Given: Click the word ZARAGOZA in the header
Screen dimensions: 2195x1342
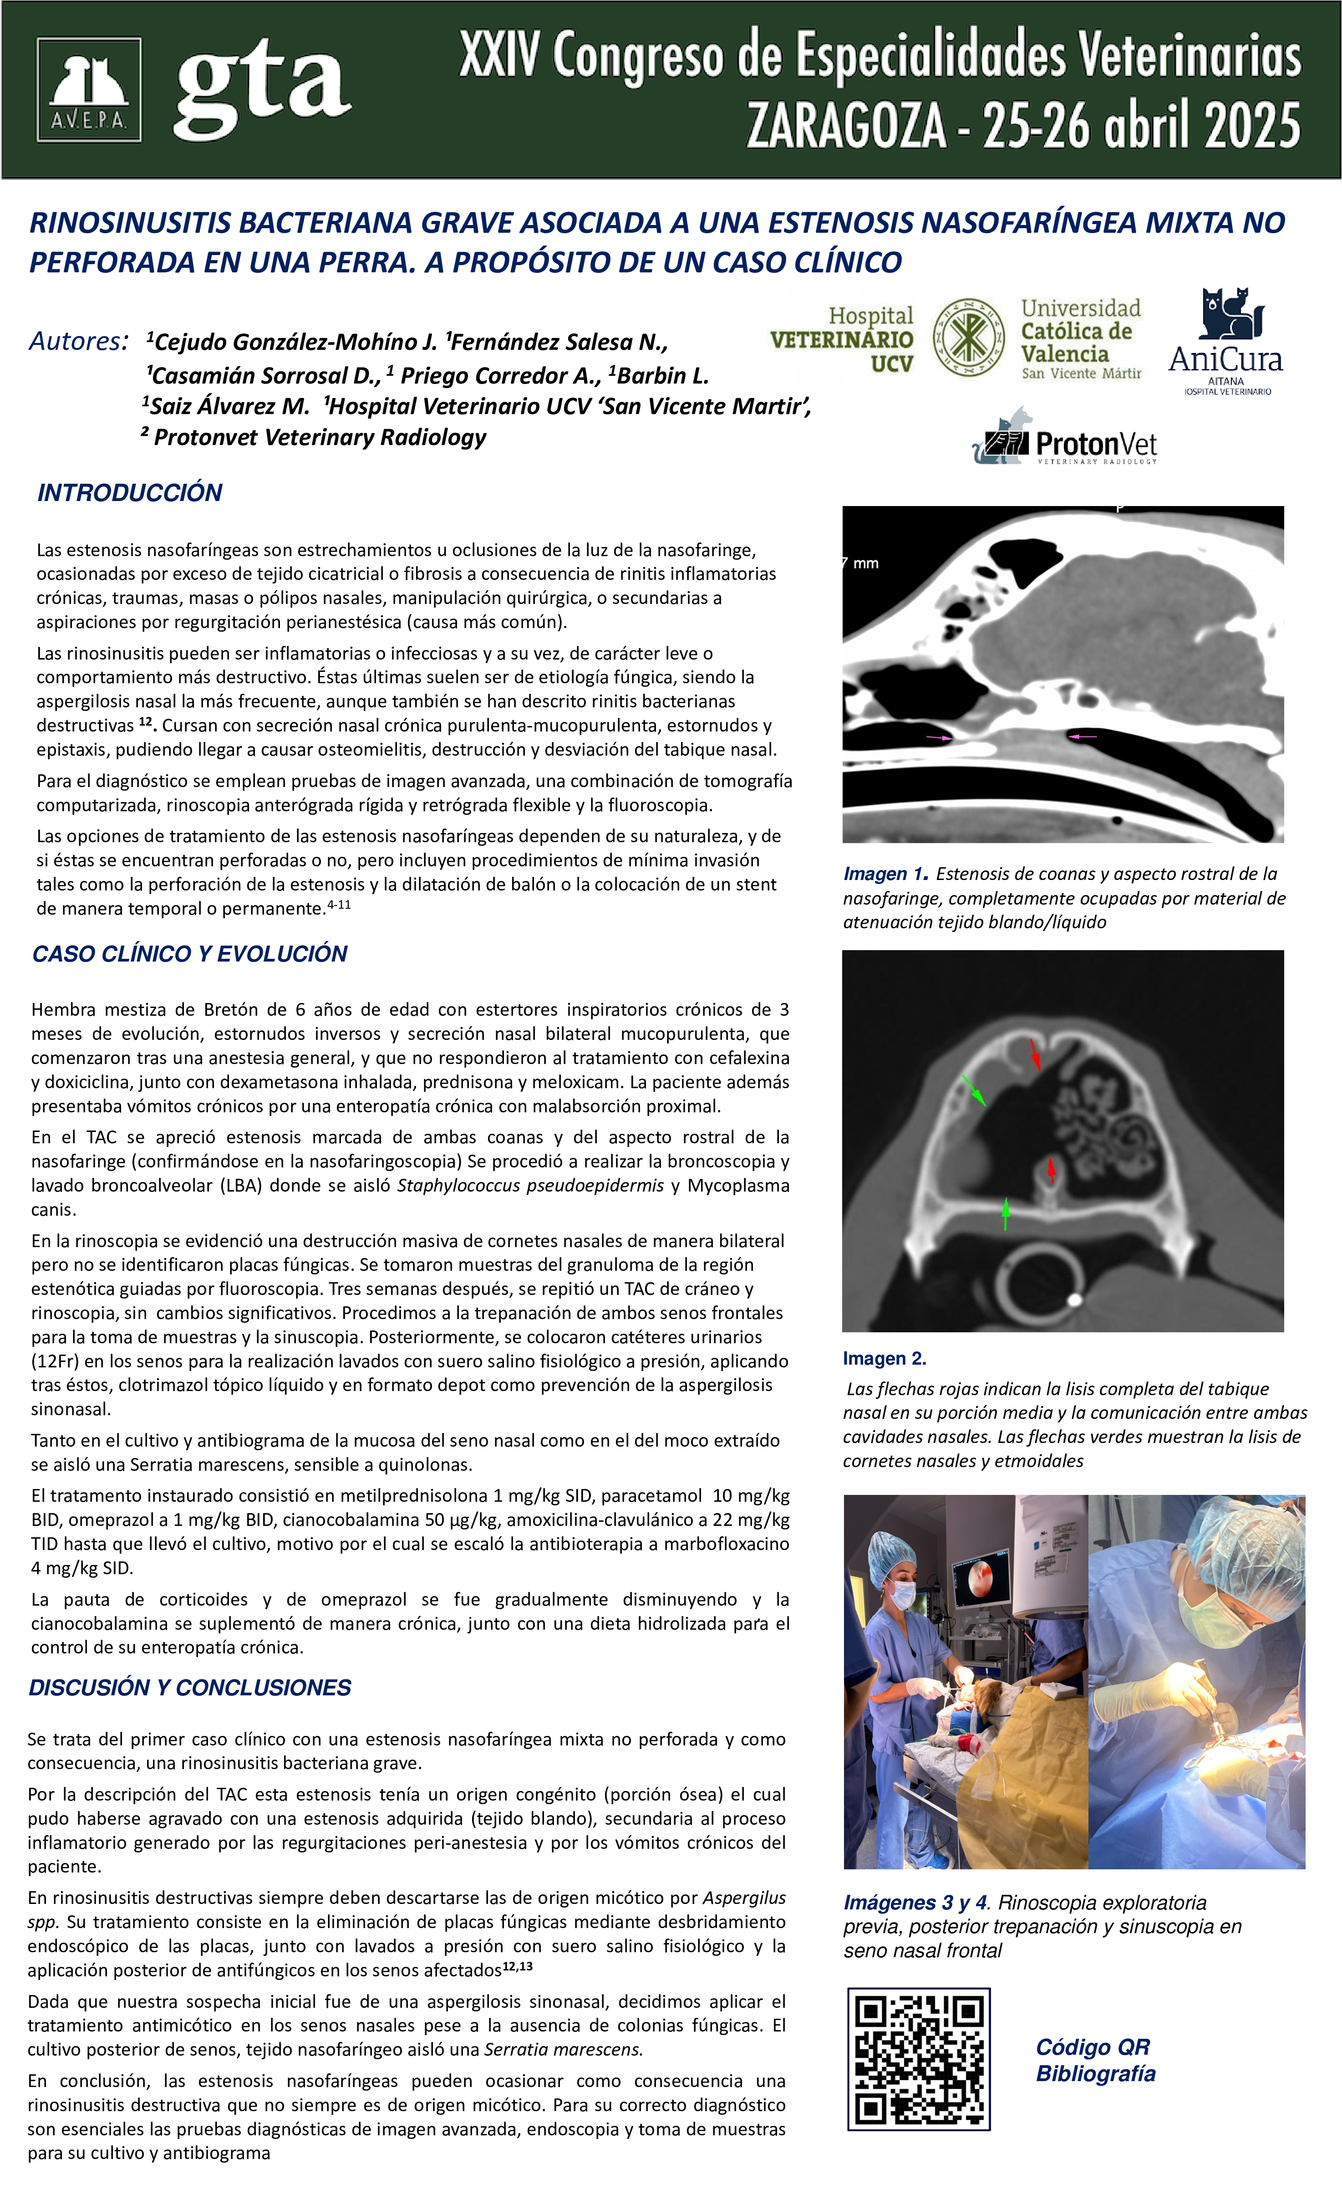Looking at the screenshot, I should [x=846, y=126].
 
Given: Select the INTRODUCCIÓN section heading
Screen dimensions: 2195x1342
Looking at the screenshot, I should [x=130, y=493].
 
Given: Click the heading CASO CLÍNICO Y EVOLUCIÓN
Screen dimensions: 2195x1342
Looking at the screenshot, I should [x=190, y=954].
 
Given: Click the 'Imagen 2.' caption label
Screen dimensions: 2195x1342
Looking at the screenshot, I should [x=884, y=1359].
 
